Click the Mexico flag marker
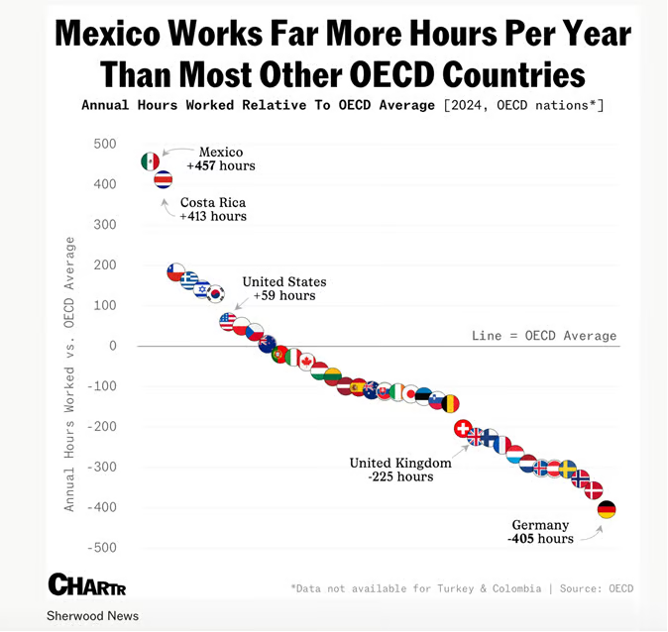tap(151, 161)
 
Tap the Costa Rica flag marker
tap(164, 179)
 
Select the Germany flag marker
tap(607, 509)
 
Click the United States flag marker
tap(228, 321)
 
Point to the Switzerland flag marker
tap(462, 428)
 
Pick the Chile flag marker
tap(175, 271)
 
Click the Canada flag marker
tap(306, 362)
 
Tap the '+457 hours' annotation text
tap(221, 165)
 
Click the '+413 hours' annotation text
tap(213, 216)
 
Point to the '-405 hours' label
tap(540, 539)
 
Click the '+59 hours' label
tap(283, 295)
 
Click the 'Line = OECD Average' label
tap(543, 336)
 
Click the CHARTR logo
tap(86, 584)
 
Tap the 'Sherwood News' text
tap(92, 616)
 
